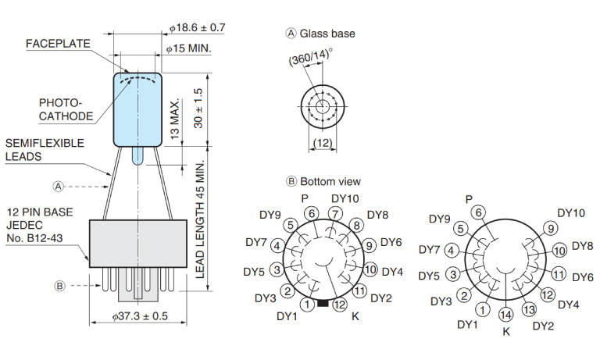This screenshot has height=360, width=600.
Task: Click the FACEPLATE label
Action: pos(58,44)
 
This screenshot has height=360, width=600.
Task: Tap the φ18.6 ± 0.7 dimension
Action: pos(197,28)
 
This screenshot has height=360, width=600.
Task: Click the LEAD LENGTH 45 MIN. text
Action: pos(200,219)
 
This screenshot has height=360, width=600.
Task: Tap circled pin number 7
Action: pos(334,213)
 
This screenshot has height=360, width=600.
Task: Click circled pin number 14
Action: pos(505,315)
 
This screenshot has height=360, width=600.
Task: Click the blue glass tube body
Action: pos(137,109)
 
